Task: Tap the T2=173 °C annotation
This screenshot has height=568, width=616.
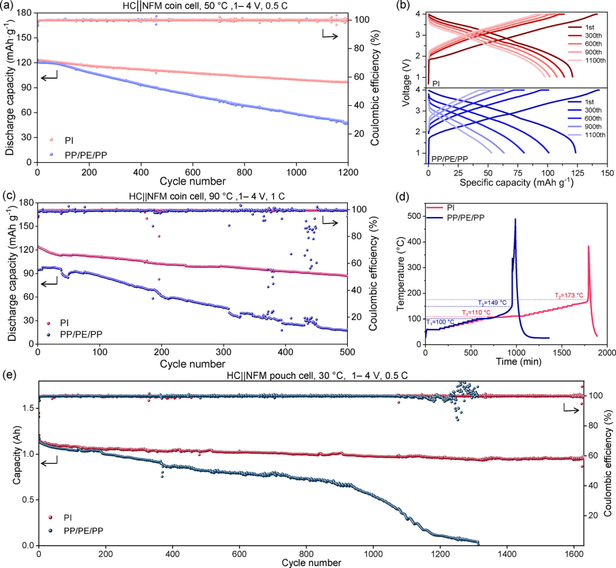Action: coord(569,295)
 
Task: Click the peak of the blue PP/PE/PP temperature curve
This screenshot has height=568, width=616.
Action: coord(515,219)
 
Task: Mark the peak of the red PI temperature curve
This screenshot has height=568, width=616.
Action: coord(588,246)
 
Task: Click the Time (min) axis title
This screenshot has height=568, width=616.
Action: coord(515,362)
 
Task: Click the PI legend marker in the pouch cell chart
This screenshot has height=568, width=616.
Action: coord(51,516)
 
